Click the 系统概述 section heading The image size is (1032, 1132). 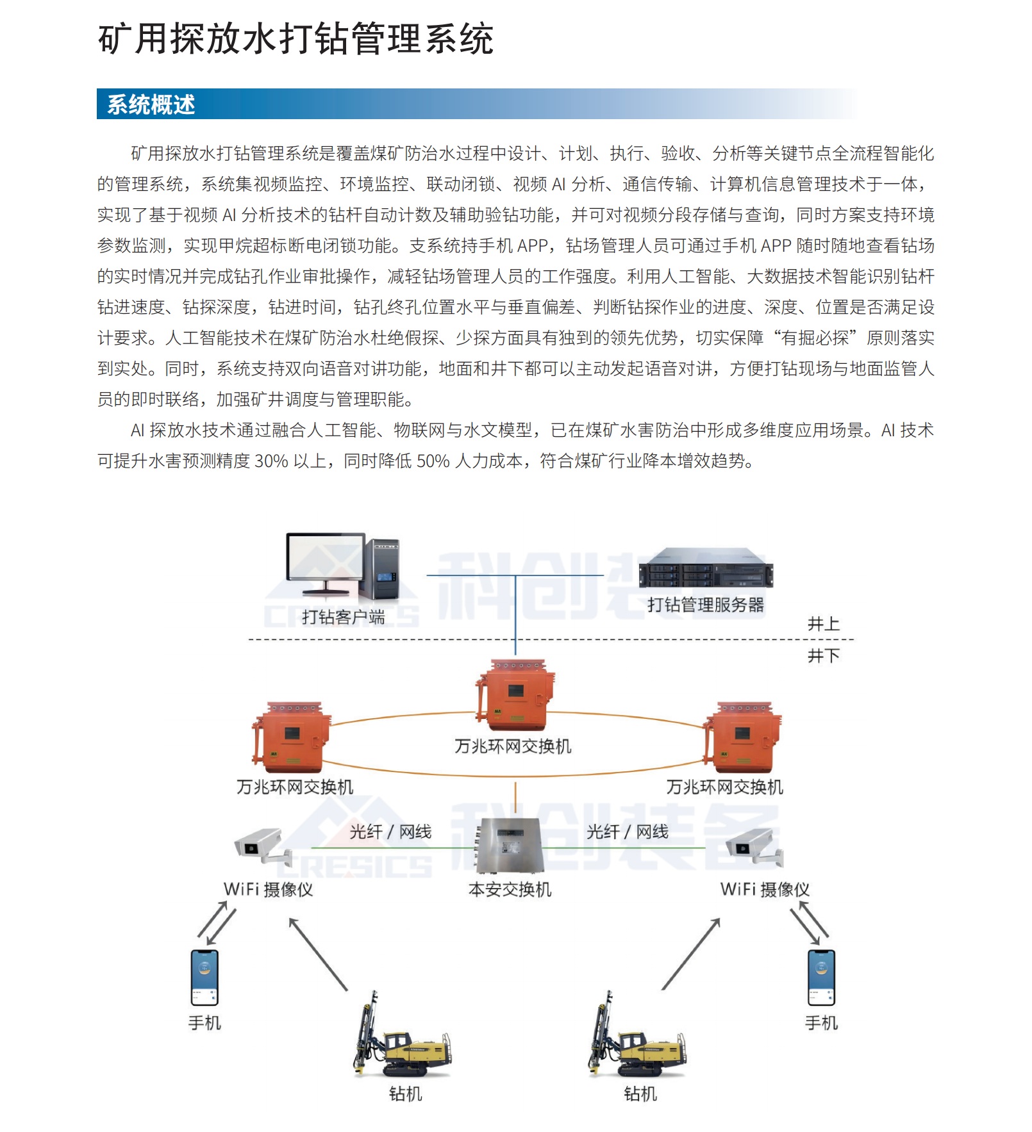[x=151, y=104]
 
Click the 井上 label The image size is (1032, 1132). [x=823, y=623]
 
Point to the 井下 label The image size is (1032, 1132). [x=823, y=655]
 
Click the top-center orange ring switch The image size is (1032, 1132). [x=515, y=694]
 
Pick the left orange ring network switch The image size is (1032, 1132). [x=292, y=737]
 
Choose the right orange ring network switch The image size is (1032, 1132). [x=742, y=737]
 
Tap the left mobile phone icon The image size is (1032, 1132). [x=204, y=978]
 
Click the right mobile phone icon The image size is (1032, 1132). [x=821, y=978]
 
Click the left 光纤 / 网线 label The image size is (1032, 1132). [x=390, y=832]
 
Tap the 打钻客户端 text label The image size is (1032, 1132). [x=344, y=617]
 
